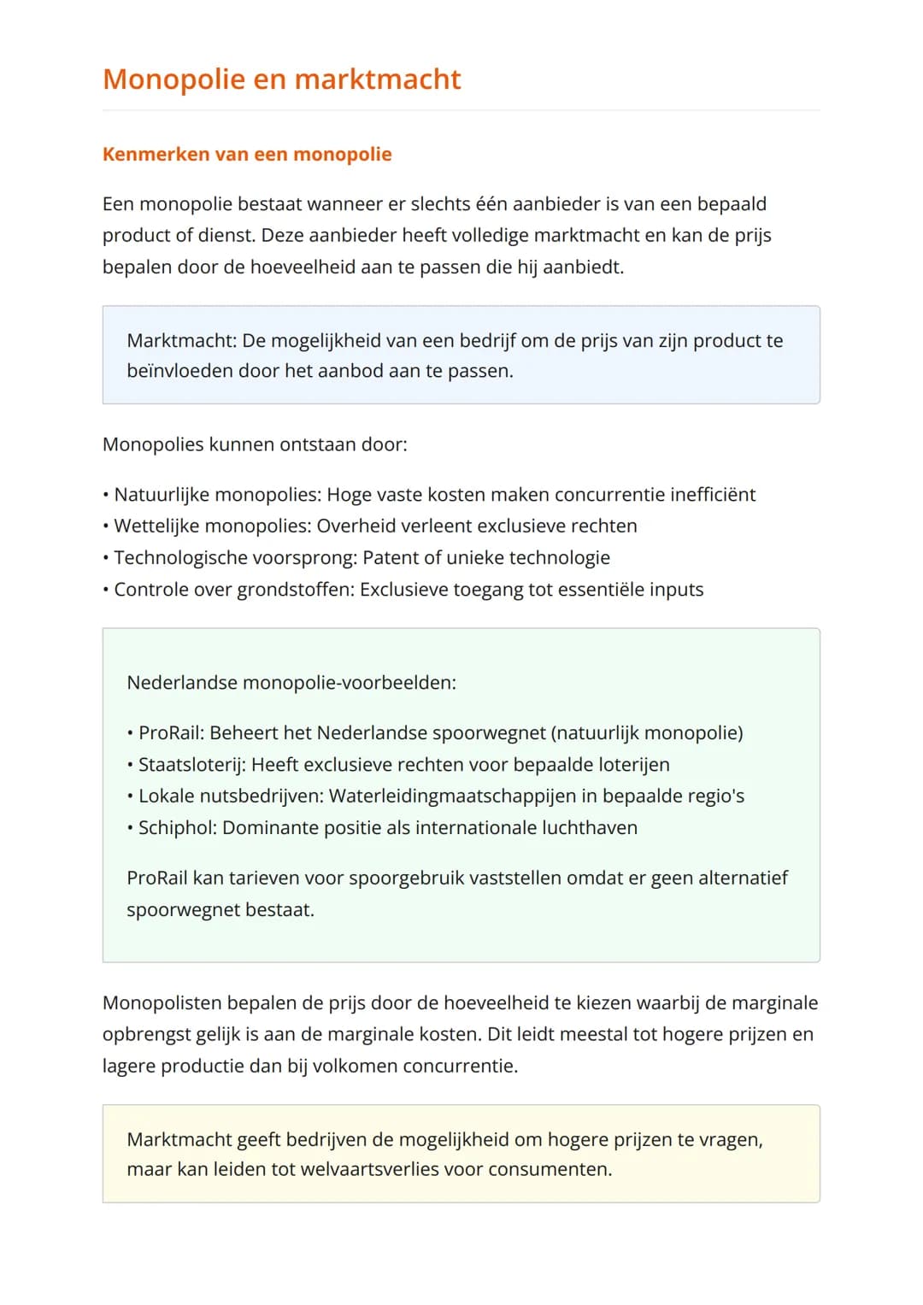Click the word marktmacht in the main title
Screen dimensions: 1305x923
377,79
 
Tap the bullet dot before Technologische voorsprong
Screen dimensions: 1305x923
105,558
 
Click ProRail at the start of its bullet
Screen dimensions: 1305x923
171,733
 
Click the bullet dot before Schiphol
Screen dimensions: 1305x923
130,828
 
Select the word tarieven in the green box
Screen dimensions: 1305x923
258,879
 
